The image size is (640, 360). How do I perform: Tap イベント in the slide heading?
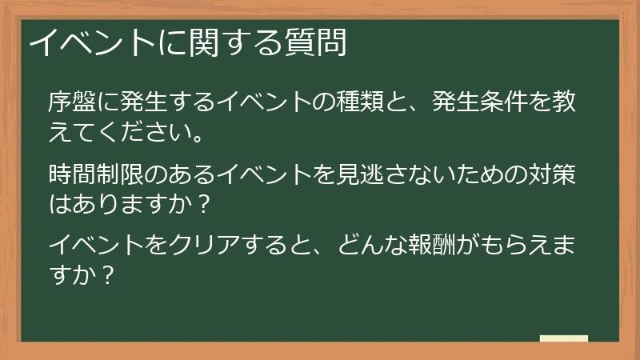pyautogui.click(x=87, y=43)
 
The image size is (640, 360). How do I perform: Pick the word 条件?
pyautogui.click(x=511, y=102)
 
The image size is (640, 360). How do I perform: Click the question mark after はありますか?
pyautogui.click(x=203, y=203)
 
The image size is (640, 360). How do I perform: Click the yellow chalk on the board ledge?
pyautogui.click(x=563, y=338)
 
